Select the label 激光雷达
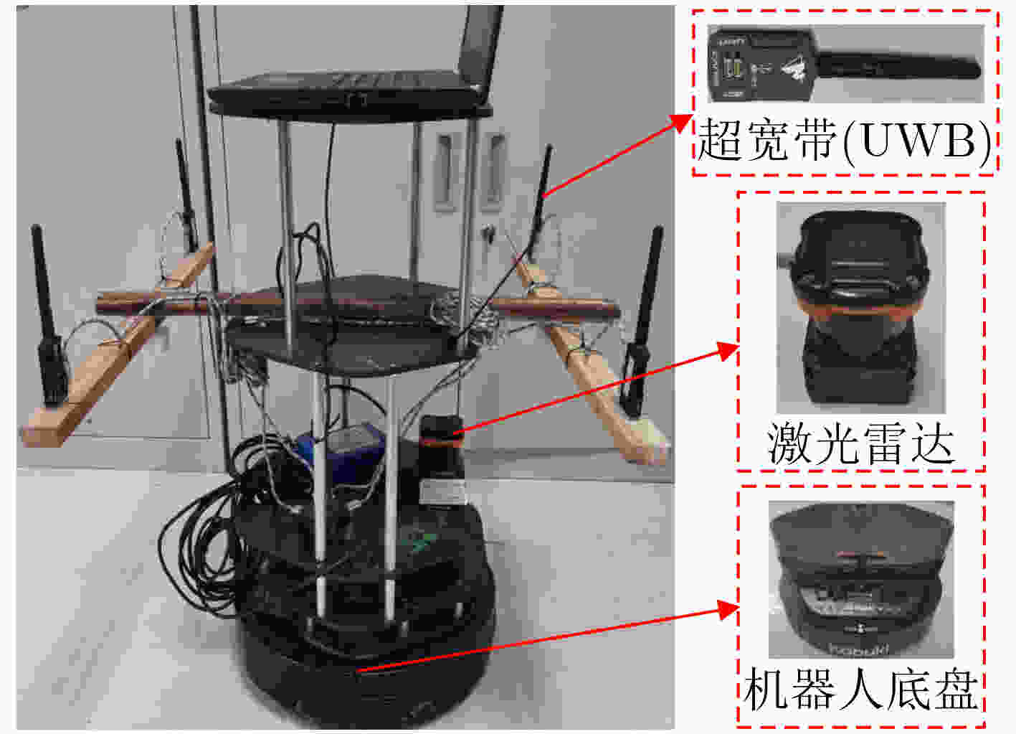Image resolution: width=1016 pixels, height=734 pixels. point(860,443)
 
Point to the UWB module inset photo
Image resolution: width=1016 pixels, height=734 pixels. point(845,64)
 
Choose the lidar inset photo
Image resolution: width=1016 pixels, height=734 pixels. point(860,307)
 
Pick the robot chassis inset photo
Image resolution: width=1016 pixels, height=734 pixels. point(861,579)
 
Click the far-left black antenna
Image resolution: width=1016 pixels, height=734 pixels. point(49,316)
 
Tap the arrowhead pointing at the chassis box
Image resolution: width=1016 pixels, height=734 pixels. point(728,609)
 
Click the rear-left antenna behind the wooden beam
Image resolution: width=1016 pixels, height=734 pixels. point(186,195)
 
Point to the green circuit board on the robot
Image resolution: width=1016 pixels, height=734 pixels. point(419,541)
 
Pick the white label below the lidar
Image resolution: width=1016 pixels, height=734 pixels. point(443,492)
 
